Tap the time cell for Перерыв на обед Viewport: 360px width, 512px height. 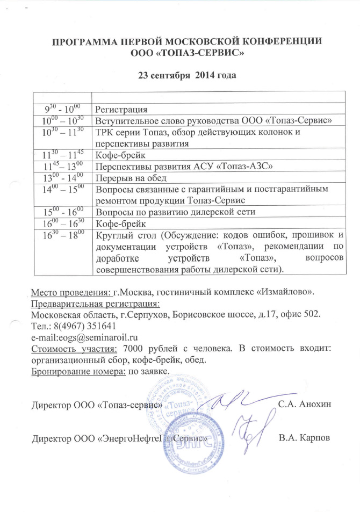pos(63,178)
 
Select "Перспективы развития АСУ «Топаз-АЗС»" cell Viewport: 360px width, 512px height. pos(184,167)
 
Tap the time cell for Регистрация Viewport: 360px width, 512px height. pos(63,110)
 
